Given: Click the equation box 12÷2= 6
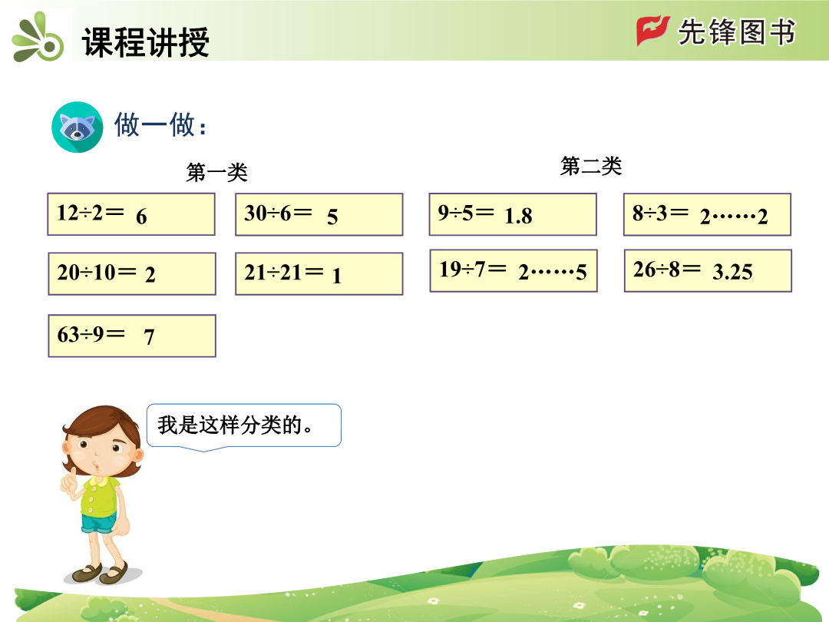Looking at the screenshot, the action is (131, 214).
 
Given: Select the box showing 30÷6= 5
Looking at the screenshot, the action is (319, 214).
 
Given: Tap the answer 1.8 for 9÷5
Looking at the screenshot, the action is (518, 216).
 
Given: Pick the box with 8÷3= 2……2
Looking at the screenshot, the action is (707, 214).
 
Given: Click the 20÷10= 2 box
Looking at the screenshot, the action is (132, 273).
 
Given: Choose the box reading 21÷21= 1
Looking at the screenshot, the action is (319, 273).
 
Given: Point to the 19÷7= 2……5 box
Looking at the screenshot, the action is (513, 271).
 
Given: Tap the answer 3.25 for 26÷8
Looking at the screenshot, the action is (732, 272).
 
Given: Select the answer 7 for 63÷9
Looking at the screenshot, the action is (149, 337).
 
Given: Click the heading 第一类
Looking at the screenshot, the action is (216, 172).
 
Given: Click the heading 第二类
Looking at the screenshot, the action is (591, 166).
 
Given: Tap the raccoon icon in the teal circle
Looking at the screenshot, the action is (78, 127).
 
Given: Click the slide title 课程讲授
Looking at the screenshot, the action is (146, 41).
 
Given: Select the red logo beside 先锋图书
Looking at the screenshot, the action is (652, 31).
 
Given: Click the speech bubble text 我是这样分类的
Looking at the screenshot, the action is (235, 425).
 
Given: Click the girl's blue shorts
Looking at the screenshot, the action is (98, 523).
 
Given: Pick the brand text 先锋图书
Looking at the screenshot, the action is (736, 31).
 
